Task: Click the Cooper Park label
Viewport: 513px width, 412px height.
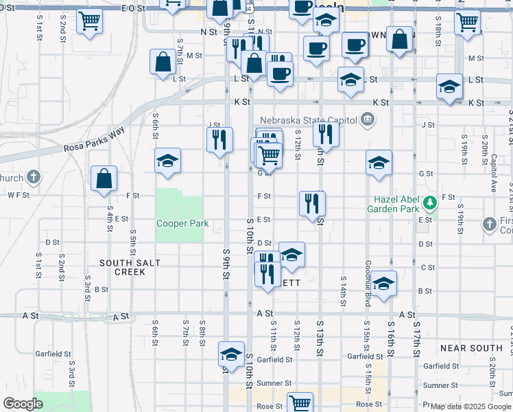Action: tap(182, 224)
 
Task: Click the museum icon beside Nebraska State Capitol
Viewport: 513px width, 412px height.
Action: tap(368, 120)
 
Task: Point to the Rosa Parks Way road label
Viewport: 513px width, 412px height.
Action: tap(95, 138)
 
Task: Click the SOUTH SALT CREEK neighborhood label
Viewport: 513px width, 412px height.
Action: tap(122, 267)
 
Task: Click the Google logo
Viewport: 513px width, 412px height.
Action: tap(23, 404)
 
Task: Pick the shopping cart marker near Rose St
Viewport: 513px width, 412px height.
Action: tap(300, 403)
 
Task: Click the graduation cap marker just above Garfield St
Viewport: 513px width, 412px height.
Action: tap(232, 354)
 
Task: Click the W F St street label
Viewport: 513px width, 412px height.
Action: tap(19, 195)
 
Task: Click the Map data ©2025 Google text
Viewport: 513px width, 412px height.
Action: tap(470, 407)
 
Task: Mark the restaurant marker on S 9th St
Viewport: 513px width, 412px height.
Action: tap(219, 139)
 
